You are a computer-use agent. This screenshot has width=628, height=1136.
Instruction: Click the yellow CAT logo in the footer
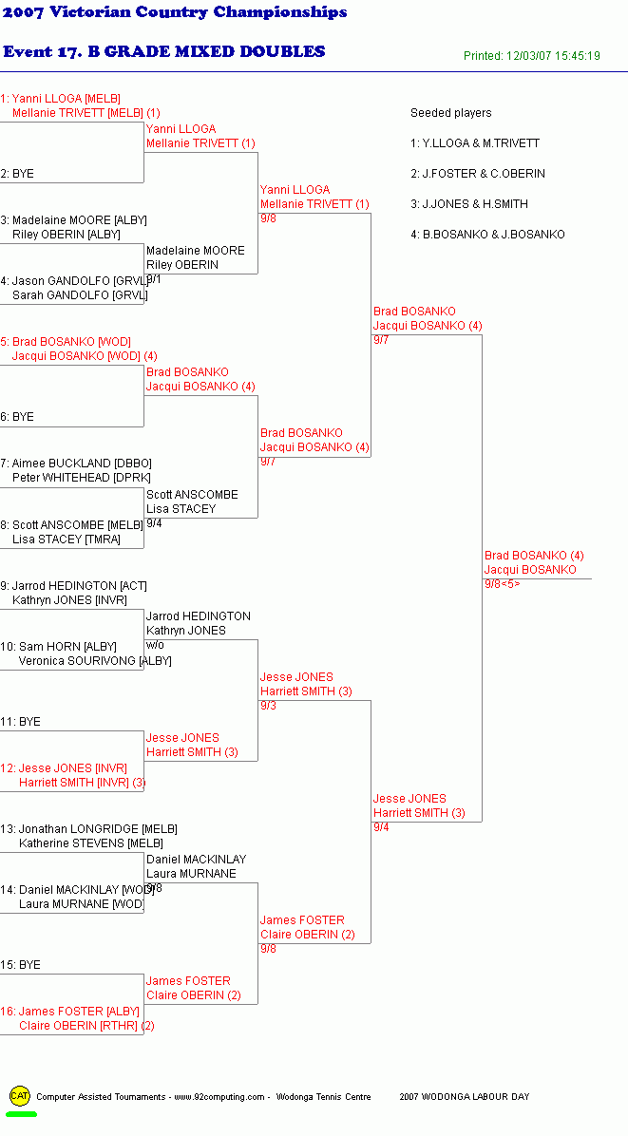pyautogui.click(x=20, y=1096)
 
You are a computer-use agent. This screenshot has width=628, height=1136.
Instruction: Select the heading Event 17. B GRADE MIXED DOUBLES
pyautogui.click(x=164, y=51)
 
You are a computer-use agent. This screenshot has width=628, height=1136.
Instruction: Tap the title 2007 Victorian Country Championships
pyautogui.click(x=175, y=12)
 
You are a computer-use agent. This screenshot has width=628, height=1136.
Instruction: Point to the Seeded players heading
pyautogui.click(x=450, y=113)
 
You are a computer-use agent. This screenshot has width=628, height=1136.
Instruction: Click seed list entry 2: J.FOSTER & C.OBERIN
pyautogui.click(x=478, y=174)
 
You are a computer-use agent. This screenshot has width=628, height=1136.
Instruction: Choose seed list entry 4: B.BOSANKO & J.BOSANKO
pyautogui.click(x=487, y=235)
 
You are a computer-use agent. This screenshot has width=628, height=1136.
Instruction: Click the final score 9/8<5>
pyautogui.click(x=502, y=584)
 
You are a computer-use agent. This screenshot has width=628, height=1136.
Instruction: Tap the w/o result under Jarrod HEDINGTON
pyautogui.click(x=155, y=645)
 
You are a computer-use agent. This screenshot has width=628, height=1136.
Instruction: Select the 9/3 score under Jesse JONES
pyautogui.click(x=268, y=706)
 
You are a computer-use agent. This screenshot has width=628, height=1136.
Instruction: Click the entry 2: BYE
pyautogui.click(x=17, y=174)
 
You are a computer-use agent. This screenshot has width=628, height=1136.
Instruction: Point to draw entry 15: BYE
pyautogui.click(x=20, y=965)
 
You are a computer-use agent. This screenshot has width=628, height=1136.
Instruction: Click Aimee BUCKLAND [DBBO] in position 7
pyautogui.click(x=82, y=464)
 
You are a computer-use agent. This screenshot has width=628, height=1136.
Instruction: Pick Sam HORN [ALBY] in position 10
pyautogui.click(x=67, y=646)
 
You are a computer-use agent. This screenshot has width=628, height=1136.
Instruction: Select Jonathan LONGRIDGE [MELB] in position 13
pyautogui.click(x=98, y=829)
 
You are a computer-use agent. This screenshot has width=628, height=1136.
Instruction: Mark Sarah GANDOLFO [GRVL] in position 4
pyautogui.click(x=80, y=295)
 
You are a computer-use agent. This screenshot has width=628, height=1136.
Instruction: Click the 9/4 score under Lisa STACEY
pyautogui.click(x=154, y=523)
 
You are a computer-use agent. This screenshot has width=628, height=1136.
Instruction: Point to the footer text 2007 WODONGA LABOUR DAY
pyautogui.click(x=465, y=1097)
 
